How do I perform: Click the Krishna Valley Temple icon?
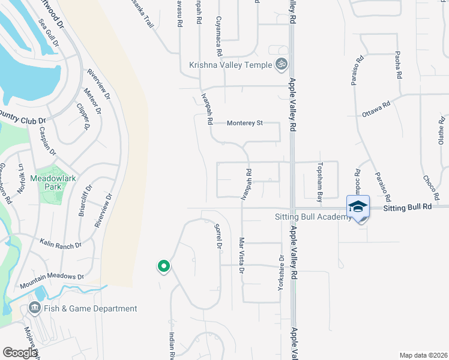(x=280, y=65)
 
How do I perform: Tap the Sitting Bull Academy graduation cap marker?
(x=358, y=207)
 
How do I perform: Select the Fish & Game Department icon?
(x=34, y=308)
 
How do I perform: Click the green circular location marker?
(x=163, y=266)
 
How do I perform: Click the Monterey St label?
(x=245, y=123)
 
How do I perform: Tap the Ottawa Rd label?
(x=376, y=109)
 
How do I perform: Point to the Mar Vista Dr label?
(x=241, y=256)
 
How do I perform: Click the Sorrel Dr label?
(x=218, y=236)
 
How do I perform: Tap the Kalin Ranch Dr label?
(x=60, y=244)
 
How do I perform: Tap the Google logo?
(x=20, y=353)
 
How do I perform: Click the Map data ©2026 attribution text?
(x=423, y=355)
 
